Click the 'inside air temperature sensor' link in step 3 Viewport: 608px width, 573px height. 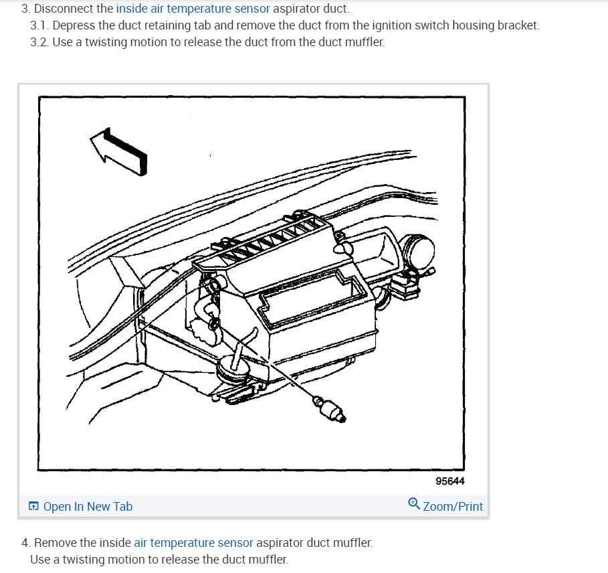tap(193, 9)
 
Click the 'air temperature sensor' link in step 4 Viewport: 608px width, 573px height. tap(193, 542)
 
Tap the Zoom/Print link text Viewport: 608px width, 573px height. tap(453, 506)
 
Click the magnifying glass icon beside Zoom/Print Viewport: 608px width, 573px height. tap(414, 504)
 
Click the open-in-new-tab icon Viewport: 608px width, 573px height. tap(33, 506)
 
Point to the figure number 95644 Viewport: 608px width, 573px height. tap(449, 481)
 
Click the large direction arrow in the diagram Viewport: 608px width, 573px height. tap(118, 151)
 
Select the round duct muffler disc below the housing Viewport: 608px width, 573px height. tap(233, 370)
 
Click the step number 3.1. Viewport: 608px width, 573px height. tap(39, 25)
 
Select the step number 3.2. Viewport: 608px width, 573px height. tap(39, 42)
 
